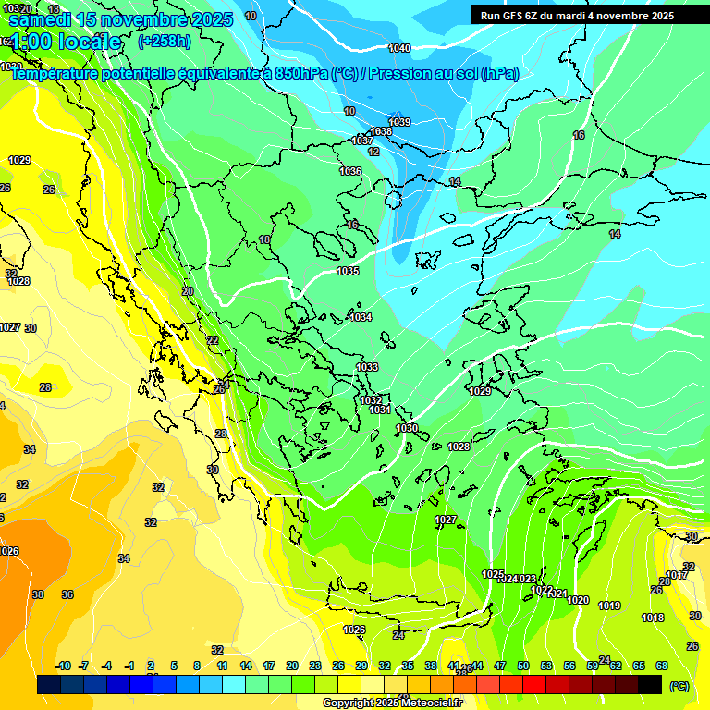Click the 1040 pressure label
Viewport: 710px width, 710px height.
(399, 48)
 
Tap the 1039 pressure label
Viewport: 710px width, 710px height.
(399, 122)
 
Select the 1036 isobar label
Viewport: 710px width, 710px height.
(350, 171)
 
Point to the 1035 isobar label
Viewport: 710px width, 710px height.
(348, 271)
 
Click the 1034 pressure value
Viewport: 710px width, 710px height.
(361, 317)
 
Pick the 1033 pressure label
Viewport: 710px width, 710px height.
(367, 367)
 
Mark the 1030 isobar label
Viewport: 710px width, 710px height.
(407, 428)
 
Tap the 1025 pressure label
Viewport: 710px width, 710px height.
(493, 574)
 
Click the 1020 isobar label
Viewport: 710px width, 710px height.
(578, 600)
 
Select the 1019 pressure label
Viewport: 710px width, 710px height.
(609, 606)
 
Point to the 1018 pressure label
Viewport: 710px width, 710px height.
(653, 618)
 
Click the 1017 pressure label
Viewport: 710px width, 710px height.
(677, 575)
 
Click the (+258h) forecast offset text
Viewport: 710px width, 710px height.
(164, 42)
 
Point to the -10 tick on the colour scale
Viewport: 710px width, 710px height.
(63, 666)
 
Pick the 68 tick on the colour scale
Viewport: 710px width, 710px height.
(662, 666)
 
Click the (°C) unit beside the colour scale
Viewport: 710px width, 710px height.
(679, 685)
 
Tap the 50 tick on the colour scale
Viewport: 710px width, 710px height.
(523, 666)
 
